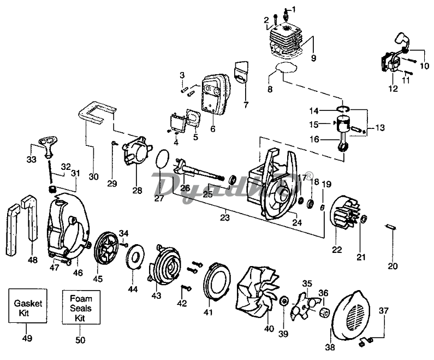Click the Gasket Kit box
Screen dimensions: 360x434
click(27, 306)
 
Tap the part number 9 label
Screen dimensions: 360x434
click(313, 57)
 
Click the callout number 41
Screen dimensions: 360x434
click(207, 312)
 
